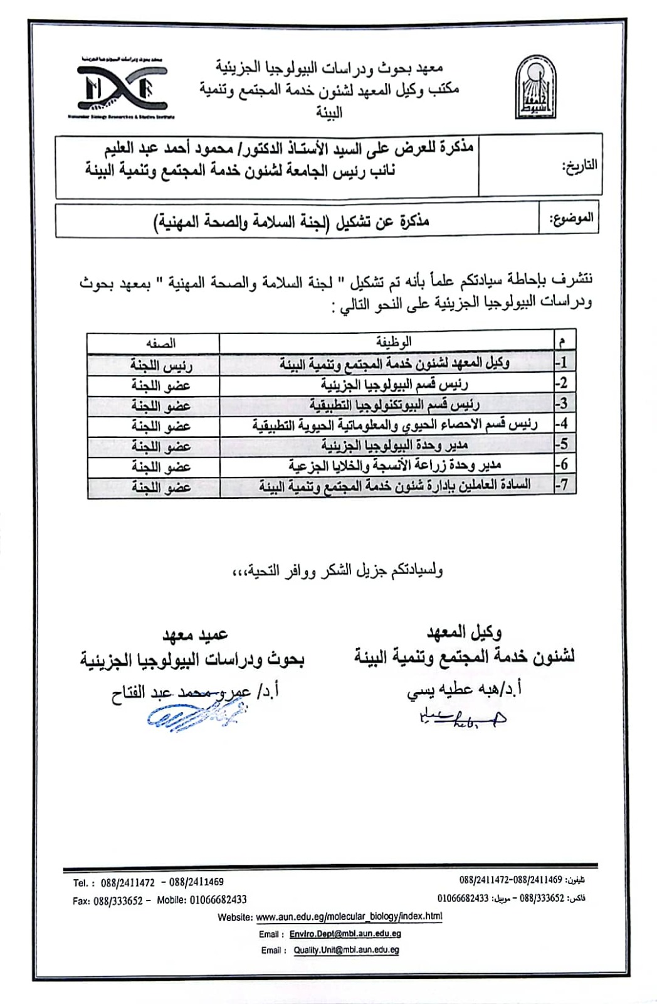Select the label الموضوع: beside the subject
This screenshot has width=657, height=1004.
tap(570, 219)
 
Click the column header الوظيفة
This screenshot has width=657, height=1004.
tap(393, 342)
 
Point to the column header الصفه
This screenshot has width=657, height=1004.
tap(160, 343)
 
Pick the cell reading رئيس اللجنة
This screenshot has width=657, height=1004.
tap(161, 363)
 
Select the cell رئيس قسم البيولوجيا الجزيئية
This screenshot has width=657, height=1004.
tap(394, 383)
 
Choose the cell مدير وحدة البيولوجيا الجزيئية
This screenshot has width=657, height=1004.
tap(394, 445)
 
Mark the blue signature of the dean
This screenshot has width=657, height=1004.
tap(194, 714)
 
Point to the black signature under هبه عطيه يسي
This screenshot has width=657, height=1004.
tap(461, 718)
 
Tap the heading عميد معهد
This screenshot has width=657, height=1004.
tap(195, 636)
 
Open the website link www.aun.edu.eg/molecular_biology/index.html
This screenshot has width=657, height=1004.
tap(349, 917)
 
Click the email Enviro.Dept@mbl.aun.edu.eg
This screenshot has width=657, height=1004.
tap(345, 934)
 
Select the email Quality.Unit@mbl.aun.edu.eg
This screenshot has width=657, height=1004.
tap(346, 950)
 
